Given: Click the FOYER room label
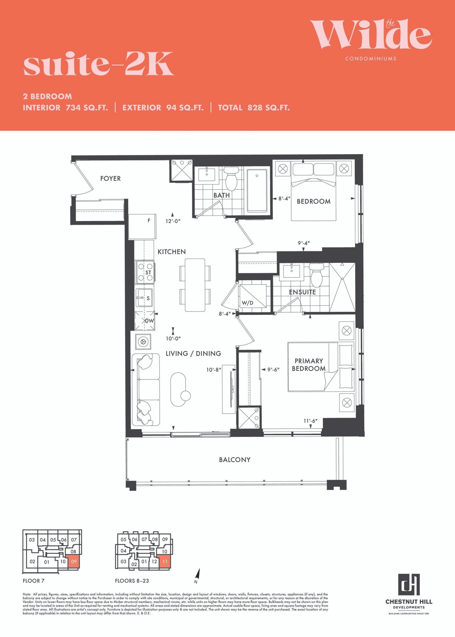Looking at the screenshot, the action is pos(110,178).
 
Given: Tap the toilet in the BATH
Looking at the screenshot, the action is pos(231,179).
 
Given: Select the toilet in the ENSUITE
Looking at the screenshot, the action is pos(316,275).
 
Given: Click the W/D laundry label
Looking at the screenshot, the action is pos(247,303).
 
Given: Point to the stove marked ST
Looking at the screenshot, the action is pos(145,272).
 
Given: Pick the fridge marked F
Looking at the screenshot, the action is pos(142,226).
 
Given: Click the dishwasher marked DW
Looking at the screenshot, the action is pos(145,321).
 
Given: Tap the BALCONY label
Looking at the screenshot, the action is pos(235,460).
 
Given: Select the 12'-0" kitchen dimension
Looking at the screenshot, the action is pos(173,221).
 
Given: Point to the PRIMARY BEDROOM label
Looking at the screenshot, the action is pos(309,365).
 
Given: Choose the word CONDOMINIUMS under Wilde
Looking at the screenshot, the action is pos(371,59).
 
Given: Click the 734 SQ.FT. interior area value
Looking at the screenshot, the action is pos(87,108).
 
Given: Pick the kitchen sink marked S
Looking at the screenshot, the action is pos(144,298).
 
